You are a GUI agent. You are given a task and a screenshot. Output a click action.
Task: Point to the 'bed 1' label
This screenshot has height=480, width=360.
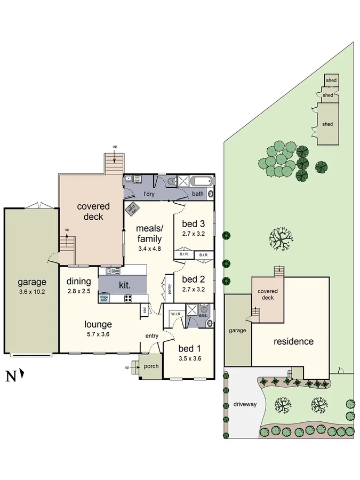(190, 350)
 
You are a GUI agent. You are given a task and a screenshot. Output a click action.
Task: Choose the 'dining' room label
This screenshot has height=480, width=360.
(78, 282)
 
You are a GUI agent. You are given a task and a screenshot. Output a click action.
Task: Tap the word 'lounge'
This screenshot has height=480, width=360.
(98, 324)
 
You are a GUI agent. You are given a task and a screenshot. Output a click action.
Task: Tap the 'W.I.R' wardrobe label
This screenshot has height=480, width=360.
(177, 314)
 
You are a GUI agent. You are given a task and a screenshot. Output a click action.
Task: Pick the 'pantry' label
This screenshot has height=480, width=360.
(169, 289)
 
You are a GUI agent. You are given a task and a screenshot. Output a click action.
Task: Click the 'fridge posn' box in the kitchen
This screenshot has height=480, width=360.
(105, 299)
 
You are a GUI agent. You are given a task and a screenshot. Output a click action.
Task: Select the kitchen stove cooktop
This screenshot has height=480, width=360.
(129, 298)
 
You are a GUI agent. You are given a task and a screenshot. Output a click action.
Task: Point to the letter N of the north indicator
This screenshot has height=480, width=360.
(10, 377)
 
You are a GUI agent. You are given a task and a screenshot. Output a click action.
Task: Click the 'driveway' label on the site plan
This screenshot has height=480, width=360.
(245, 404)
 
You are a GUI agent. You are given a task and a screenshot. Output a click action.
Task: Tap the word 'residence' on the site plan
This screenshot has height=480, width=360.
(293, 341)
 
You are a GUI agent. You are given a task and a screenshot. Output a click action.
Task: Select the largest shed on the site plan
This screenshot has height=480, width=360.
(327, 124)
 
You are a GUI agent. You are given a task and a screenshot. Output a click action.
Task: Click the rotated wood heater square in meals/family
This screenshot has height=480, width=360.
(132, 209)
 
